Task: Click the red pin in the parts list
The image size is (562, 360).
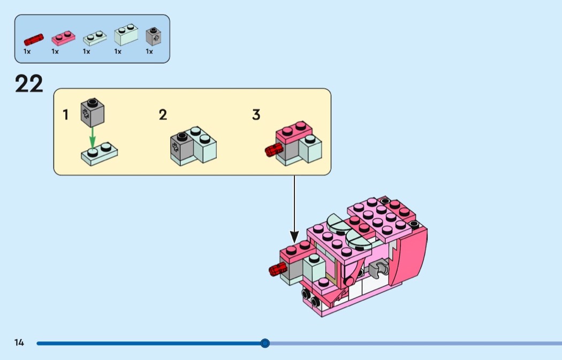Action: tap(33, 39)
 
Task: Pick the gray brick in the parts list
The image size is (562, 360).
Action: tap(154, 36)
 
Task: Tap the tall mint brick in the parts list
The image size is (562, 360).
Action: tap(126, 35)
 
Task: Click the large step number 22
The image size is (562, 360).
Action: tap(29, 84)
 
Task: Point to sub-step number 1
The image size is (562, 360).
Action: tap(66, 114)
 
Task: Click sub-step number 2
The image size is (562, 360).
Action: tap(163, 114)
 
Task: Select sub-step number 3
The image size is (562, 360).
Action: tap(256, 114)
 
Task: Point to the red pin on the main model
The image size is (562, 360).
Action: tap(277, 270)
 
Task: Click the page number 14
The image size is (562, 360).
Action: tap(19, 343)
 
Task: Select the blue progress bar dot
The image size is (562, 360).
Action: tap(265, 343)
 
